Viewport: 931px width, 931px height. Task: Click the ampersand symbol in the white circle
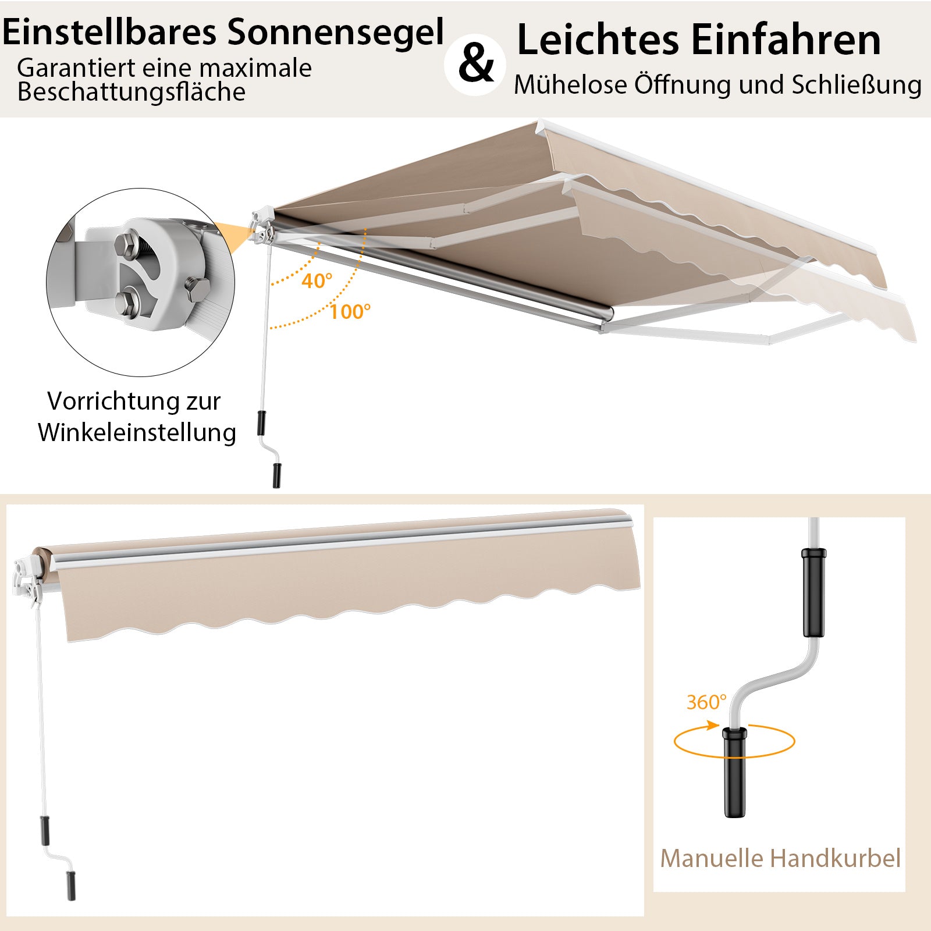[476, 65]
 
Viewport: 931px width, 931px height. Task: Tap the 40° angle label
[317, 280]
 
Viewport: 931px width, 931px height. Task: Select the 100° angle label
[350, 311]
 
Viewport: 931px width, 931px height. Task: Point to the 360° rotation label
[706, 702]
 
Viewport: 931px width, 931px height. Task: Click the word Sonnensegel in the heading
[335, 33]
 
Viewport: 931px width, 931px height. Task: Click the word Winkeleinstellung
[137, 432]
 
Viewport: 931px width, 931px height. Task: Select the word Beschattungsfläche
[132, 92]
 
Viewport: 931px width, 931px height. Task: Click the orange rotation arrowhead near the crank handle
[712, 725]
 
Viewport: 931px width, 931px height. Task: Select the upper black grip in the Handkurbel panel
[813, 592]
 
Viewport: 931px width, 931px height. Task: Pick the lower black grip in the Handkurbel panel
[735, 772]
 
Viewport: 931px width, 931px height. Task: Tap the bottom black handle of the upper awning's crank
[276, 475]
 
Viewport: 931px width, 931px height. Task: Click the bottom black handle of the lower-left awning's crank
[71, 886]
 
